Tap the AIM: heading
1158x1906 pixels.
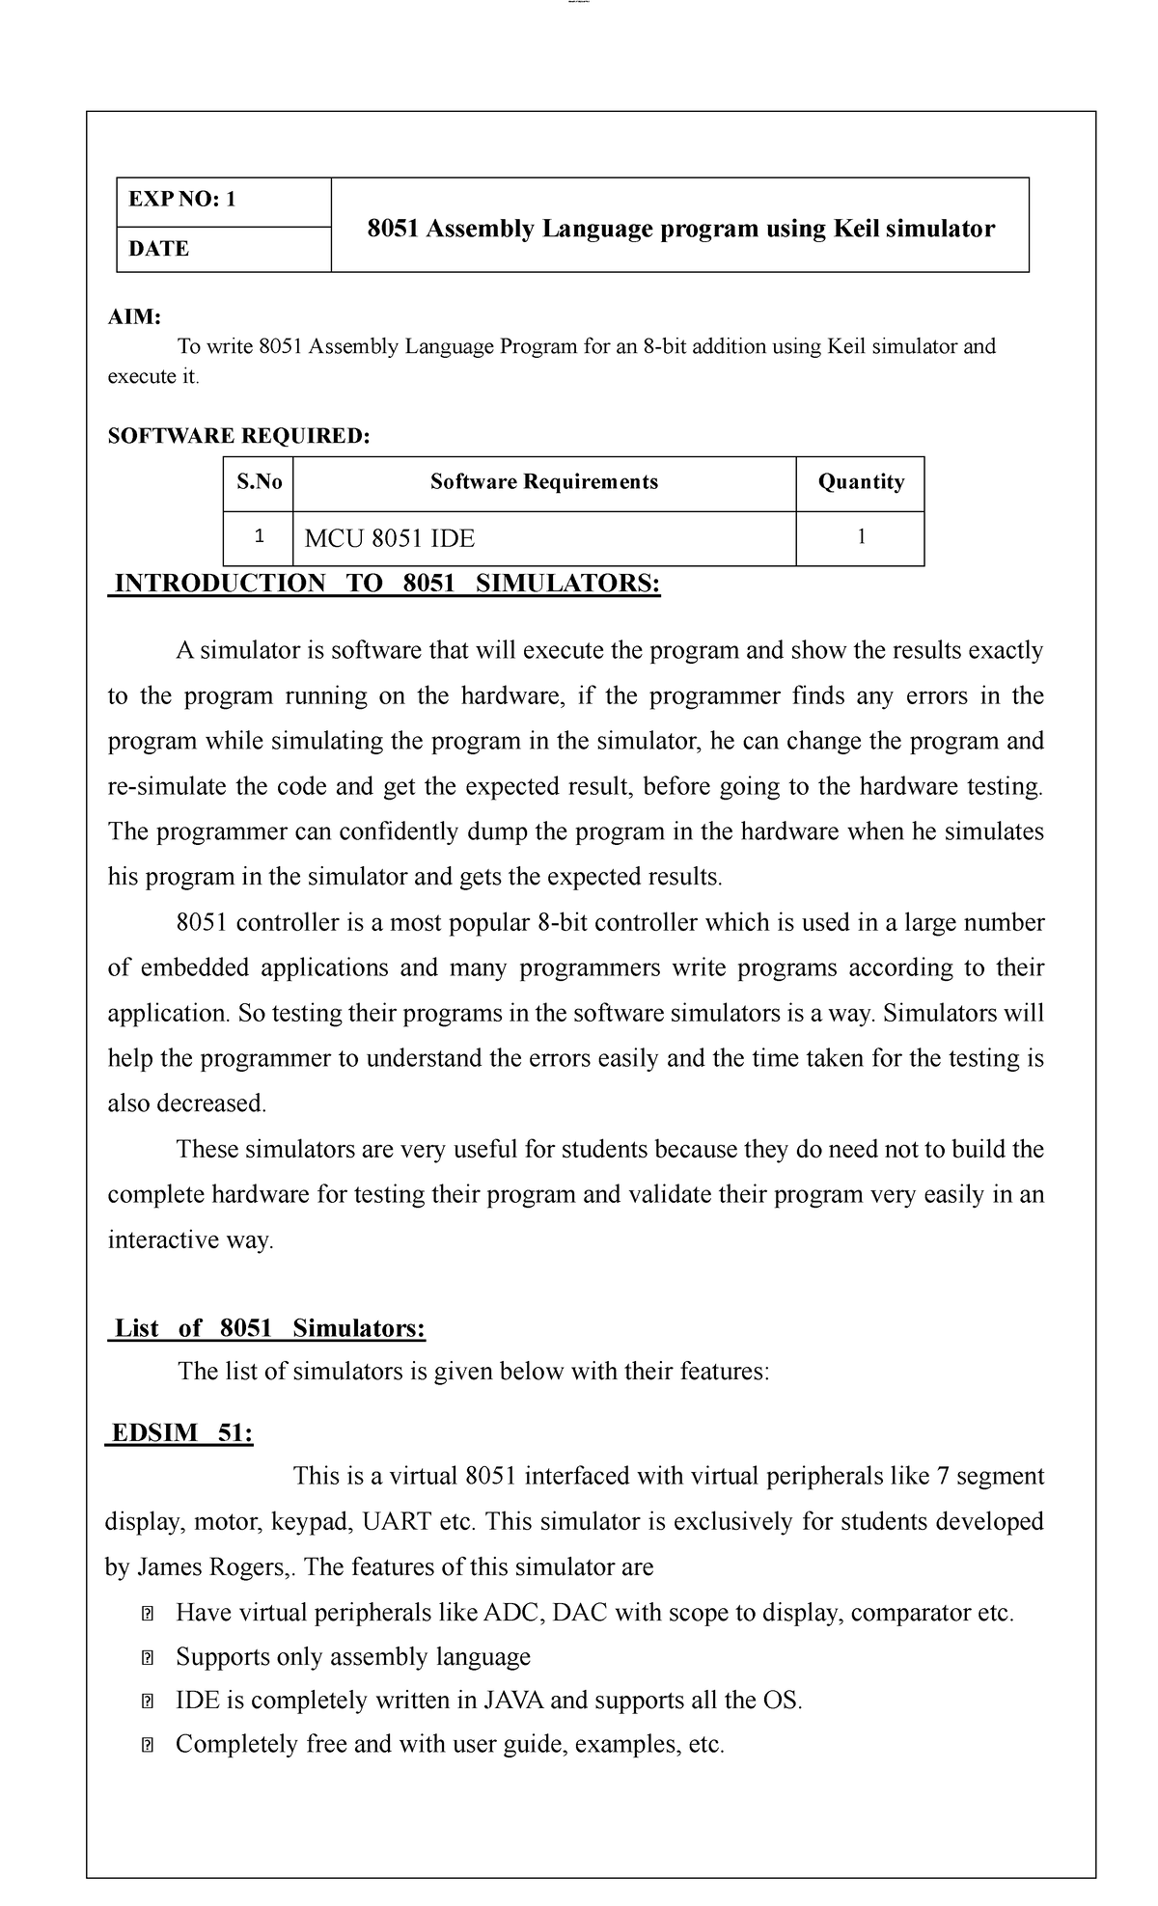coord(134,317)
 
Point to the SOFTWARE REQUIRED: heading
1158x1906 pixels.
coord(238,436)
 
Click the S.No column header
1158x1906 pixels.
coord(259,482)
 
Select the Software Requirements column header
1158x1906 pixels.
coord(544,482)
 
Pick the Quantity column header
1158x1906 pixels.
coord(861,482)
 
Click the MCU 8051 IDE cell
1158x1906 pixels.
coord(390,538)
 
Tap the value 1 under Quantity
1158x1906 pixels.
coord(861,537)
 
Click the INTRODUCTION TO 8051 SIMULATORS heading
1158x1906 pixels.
coord(387,584)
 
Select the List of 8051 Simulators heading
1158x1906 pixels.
coord(269,1328)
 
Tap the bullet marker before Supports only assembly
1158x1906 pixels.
coord(148,1658)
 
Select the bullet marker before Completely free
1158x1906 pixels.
coord(148,1745)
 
